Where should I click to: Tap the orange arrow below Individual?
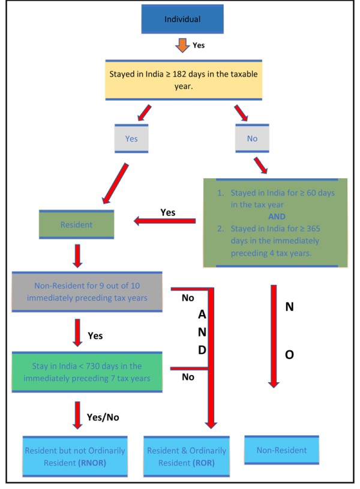pos(181,46)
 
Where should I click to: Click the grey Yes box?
pos(131,138)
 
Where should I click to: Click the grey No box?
pos(252,138)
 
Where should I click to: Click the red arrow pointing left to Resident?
pos(164,222)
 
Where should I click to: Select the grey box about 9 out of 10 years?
pos(87,292)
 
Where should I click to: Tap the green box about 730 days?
pos(87,372)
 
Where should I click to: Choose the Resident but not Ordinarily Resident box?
pos(75,455)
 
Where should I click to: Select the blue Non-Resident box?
pos(281,450)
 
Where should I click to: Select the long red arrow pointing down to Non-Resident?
pos(274,336)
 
